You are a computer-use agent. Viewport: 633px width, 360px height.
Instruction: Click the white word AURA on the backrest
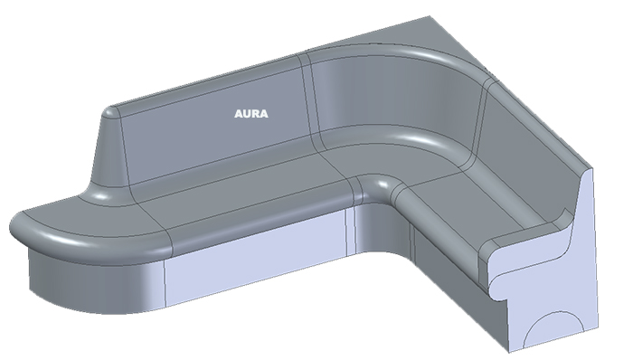pos(250,114)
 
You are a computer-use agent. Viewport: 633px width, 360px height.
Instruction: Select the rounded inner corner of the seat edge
pos(376,186)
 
